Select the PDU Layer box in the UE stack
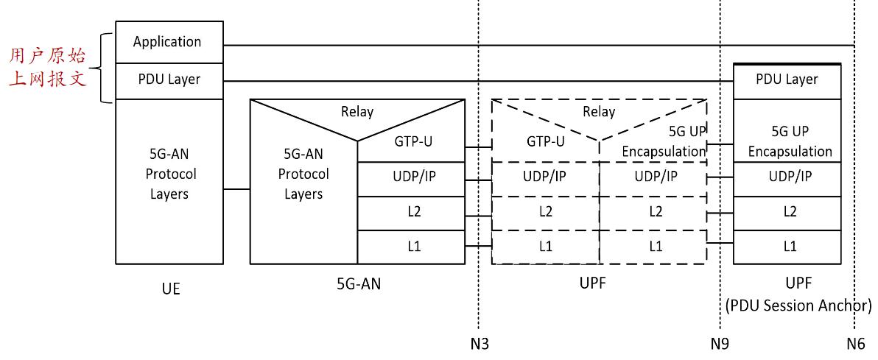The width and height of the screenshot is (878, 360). [x=169, y=80]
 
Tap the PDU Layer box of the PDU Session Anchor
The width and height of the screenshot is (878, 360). [x=787, y=80]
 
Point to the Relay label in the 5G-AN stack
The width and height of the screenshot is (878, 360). [x=357, y=113]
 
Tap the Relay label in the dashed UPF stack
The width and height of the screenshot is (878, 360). [x=599, y=113]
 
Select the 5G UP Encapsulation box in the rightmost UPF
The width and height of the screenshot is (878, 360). [x=787, y=144]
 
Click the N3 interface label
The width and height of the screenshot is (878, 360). [x=480, y=343]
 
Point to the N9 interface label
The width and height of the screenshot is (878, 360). [x=720, y=343]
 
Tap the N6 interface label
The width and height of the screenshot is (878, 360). [x=855, y=343]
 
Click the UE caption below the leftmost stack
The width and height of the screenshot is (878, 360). [x=169, y=289]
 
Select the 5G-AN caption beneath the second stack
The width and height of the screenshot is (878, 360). [x=357, y=286]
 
